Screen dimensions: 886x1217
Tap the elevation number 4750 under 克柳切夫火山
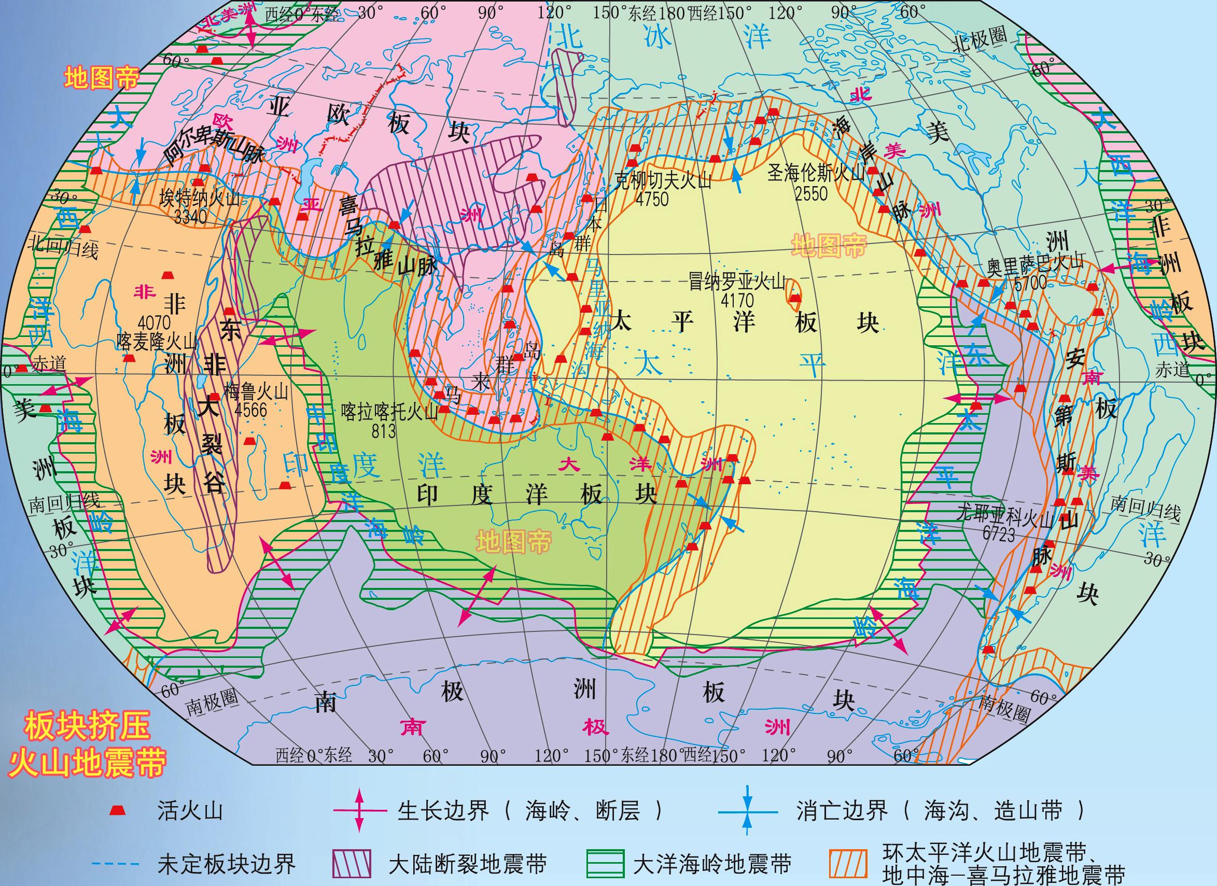[x=652, y=199]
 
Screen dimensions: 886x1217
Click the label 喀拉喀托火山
[x=390, y=412]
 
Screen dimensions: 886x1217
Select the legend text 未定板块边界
[x=227, y=864]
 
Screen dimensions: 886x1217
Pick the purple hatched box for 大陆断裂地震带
[x=352, y=864]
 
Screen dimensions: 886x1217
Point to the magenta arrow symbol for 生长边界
[x=359, y=811]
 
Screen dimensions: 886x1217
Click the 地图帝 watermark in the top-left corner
[x=102, y=78]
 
